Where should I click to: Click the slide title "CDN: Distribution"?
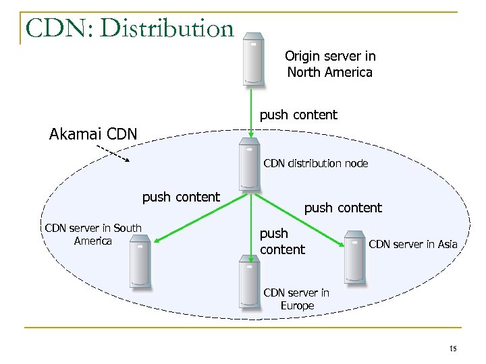click(128, 28)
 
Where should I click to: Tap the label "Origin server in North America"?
click(329, 64)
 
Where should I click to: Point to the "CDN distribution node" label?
click(315, 163)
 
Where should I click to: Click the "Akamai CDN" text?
click(93, 133)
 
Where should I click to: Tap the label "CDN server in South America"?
click(92, 234)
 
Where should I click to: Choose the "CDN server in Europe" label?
click(297, 299)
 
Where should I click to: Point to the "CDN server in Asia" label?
click(413, 243)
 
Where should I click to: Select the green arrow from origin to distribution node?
click(250, 115)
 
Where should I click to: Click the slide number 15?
click(452, 348)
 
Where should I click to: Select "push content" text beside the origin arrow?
click(298, 115)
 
